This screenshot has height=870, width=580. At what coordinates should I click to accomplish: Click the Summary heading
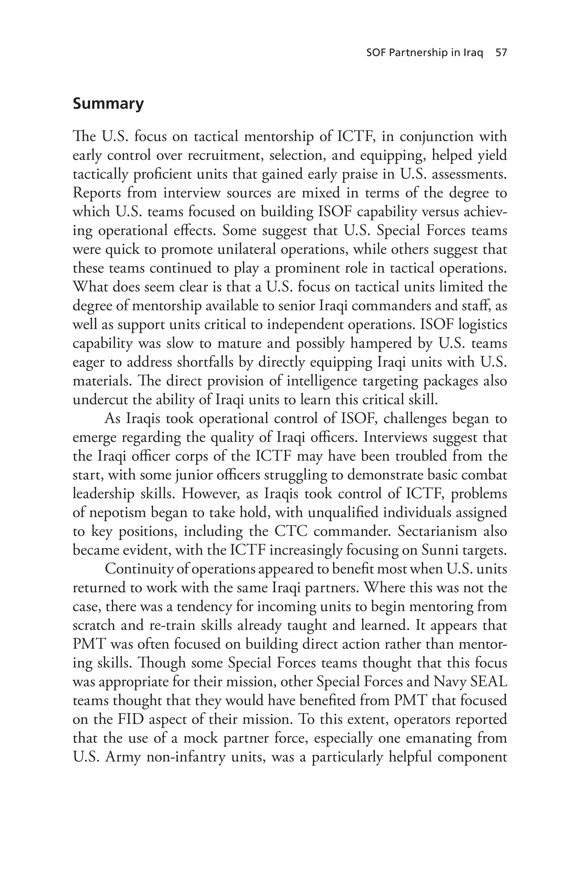[x=108, y=104]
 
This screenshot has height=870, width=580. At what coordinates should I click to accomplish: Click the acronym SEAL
[x=489, y=682]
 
